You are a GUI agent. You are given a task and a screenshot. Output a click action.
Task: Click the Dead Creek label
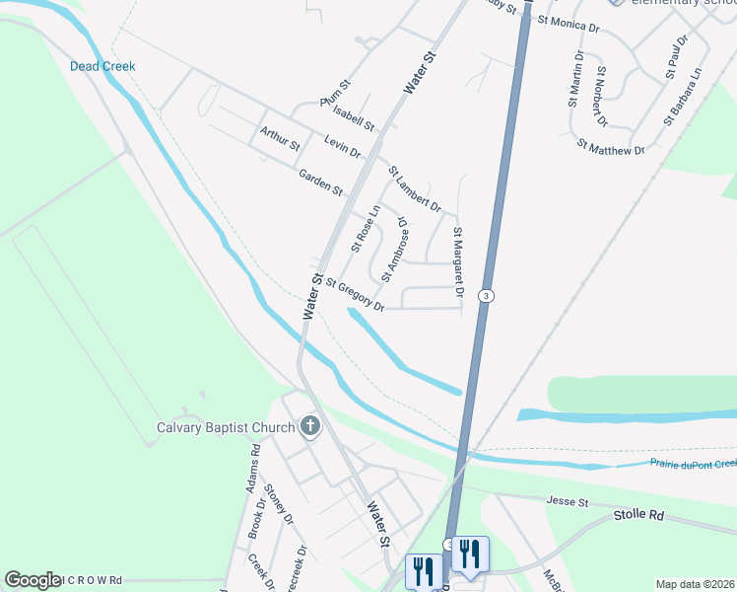pos(102,66)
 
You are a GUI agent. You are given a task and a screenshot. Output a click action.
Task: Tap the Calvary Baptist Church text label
pos(226,427)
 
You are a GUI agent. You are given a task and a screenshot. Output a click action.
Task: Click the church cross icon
pos(309,427)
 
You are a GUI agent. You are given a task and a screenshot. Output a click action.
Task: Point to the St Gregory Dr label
pos(355,294)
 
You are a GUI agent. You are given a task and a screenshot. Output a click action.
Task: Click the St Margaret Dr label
pos(458,261)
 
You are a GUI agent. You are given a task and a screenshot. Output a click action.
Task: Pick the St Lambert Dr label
pos(414,188)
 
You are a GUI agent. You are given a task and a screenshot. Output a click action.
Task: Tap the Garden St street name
pos(320,181)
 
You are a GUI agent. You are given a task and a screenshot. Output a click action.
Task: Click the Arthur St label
pos(280,138)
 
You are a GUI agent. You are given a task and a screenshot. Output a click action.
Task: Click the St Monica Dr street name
pos(568,23)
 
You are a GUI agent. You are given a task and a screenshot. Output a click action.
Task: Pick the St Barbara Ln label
pos(682,97)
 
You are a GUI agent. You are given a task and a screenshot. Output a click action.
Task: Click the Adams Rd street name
pos(253,469)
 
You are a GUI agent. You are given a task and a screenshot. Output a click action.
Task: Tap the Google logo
pos(33,580)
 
